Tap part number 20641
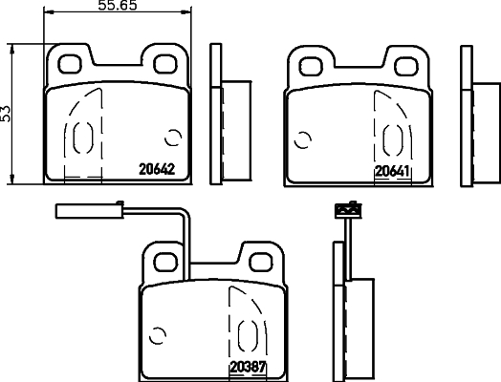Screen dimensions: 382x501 click(392, 171)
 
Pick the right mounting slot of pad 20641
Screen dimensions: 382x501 click(406, 65)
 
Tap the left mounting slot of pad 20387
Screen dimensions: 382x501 click(166, 258)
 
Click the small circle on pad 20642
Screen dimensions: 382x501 click(173, 138)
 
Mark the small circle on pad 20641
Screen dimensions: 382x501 click(304, 139)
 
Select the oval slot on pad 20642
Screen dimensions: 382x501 click(80, 138)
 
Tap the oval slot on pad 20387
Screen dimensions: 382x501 click(247, 334)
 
